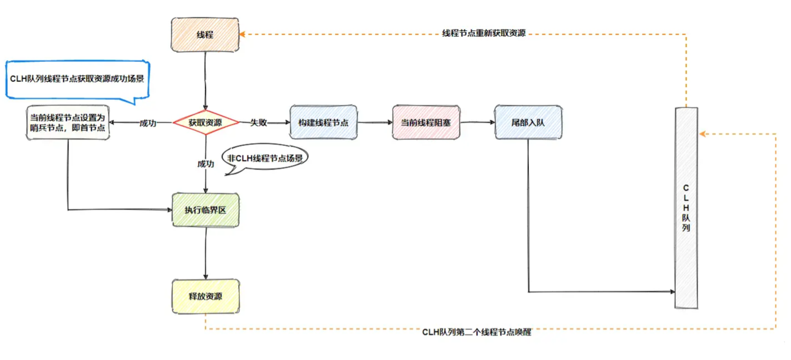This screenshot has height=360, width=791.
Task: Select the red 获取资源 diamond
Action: pos(206,122)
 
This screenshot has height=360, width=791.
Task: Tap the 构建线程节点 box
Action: pos(323,122)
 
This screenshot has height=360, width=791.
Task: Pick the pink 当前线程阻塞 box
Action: pos(426,122)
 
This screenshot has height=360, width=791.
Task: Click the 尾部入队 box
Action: pos(529,122)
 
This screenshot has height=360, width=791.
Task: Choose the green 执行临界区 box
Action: pos(206,210)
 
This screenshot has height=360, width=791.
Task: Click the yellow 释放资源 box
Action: pos(206,297)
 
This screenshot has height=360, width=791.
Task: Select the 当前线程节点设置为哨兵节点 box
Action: pos(68,122)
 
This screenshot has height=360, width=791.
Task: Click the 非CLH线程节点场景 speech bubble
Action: pos(265,159)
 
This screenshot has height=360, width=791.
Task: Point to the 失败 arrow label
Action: pos(259,122)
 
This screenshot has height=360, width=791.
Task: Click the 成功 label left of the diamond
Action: pos(147,122)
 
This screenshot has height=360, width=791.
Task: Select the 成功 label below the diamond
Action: pos(205,164)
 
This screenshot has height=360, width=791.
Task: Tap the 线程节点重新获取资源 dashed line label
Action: pos(483,33)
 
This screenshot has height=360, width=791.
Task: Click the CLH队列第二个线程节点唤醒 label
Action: pos(476,333)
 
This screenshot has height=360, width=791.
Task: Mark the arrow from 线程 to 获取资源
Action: pos(206,81)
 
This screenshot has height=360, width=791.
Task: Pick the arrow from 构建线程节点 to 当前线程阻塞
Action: pos(374,122)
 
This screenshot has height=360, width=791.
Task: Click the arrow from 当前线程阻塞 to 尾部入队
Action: pos(477,122)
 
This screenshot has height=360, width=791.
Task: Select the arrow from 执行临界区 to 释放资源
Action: pos(206,253)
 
